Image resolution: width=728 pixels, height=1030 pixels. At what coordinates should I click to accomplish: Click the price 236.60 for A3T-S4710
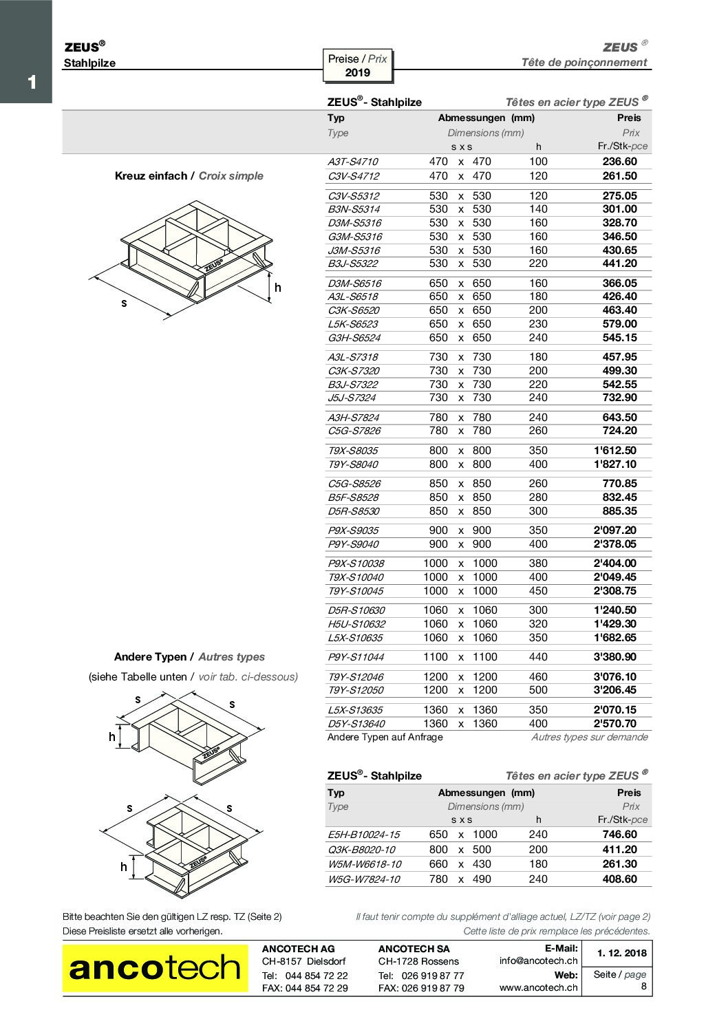click(x=619, y=162)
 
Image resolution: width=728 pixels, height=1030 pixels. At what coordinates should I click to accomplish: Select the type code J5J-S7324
click(x=352, y=398)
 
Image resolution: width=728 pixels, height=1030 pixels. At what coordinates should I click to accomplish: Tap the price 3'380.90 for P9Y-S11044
click(x=614, y=657)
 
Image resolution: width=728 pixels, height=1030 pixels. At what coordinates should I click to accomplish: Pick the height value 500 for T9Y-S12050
click(x=538, y=690)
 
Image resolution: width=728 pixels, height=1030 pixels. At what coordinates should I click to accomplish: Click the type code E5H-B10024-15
click(x=363, y=835)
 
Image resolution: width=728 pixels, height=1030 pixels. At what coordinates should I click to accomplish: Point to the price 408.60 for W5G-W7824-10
click(x=619, y=879)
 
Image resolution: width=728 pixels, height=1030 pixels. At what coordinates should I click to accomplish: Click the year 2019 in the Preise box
click(x=357, y=73)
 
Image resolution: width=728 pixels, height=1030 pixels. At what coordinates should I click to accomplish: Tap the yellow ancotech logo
click(x=155, y=968)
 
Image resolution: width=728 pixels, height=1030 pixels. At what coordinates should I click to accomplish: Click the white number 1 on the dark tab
click(x=32, y=83)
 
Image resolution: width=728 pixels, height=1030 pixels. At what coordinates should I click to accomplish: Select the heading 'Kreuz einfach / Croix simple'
click(x=189, y=176)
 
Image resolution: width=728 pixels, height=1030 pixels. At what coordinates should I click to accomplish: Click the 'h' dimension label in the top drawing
click(x=277, y=288)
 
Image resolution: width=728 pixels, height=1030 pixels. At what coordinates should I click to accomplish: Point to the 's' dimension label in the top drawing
click(x=124, y=303)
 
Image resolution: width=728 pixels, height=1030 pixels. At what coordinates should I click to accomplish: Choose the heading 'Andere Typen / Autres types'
click(x=189, y=657)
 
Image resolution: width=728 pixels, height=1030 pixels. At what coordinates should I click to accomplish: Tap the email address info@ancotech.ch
click(x=538, y=961)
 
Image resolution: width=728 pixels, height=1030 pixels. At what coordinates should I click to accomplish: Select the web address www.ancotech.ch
click(x=538, y=988)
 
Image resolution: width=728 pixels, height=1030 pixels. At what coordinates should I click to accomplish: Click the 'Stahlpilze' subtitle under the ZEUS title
click(x=89, y=63)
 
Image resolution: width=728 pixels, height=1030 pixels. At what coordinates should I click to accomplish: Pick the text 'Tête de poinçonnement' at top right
click(x=584, y=63)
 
